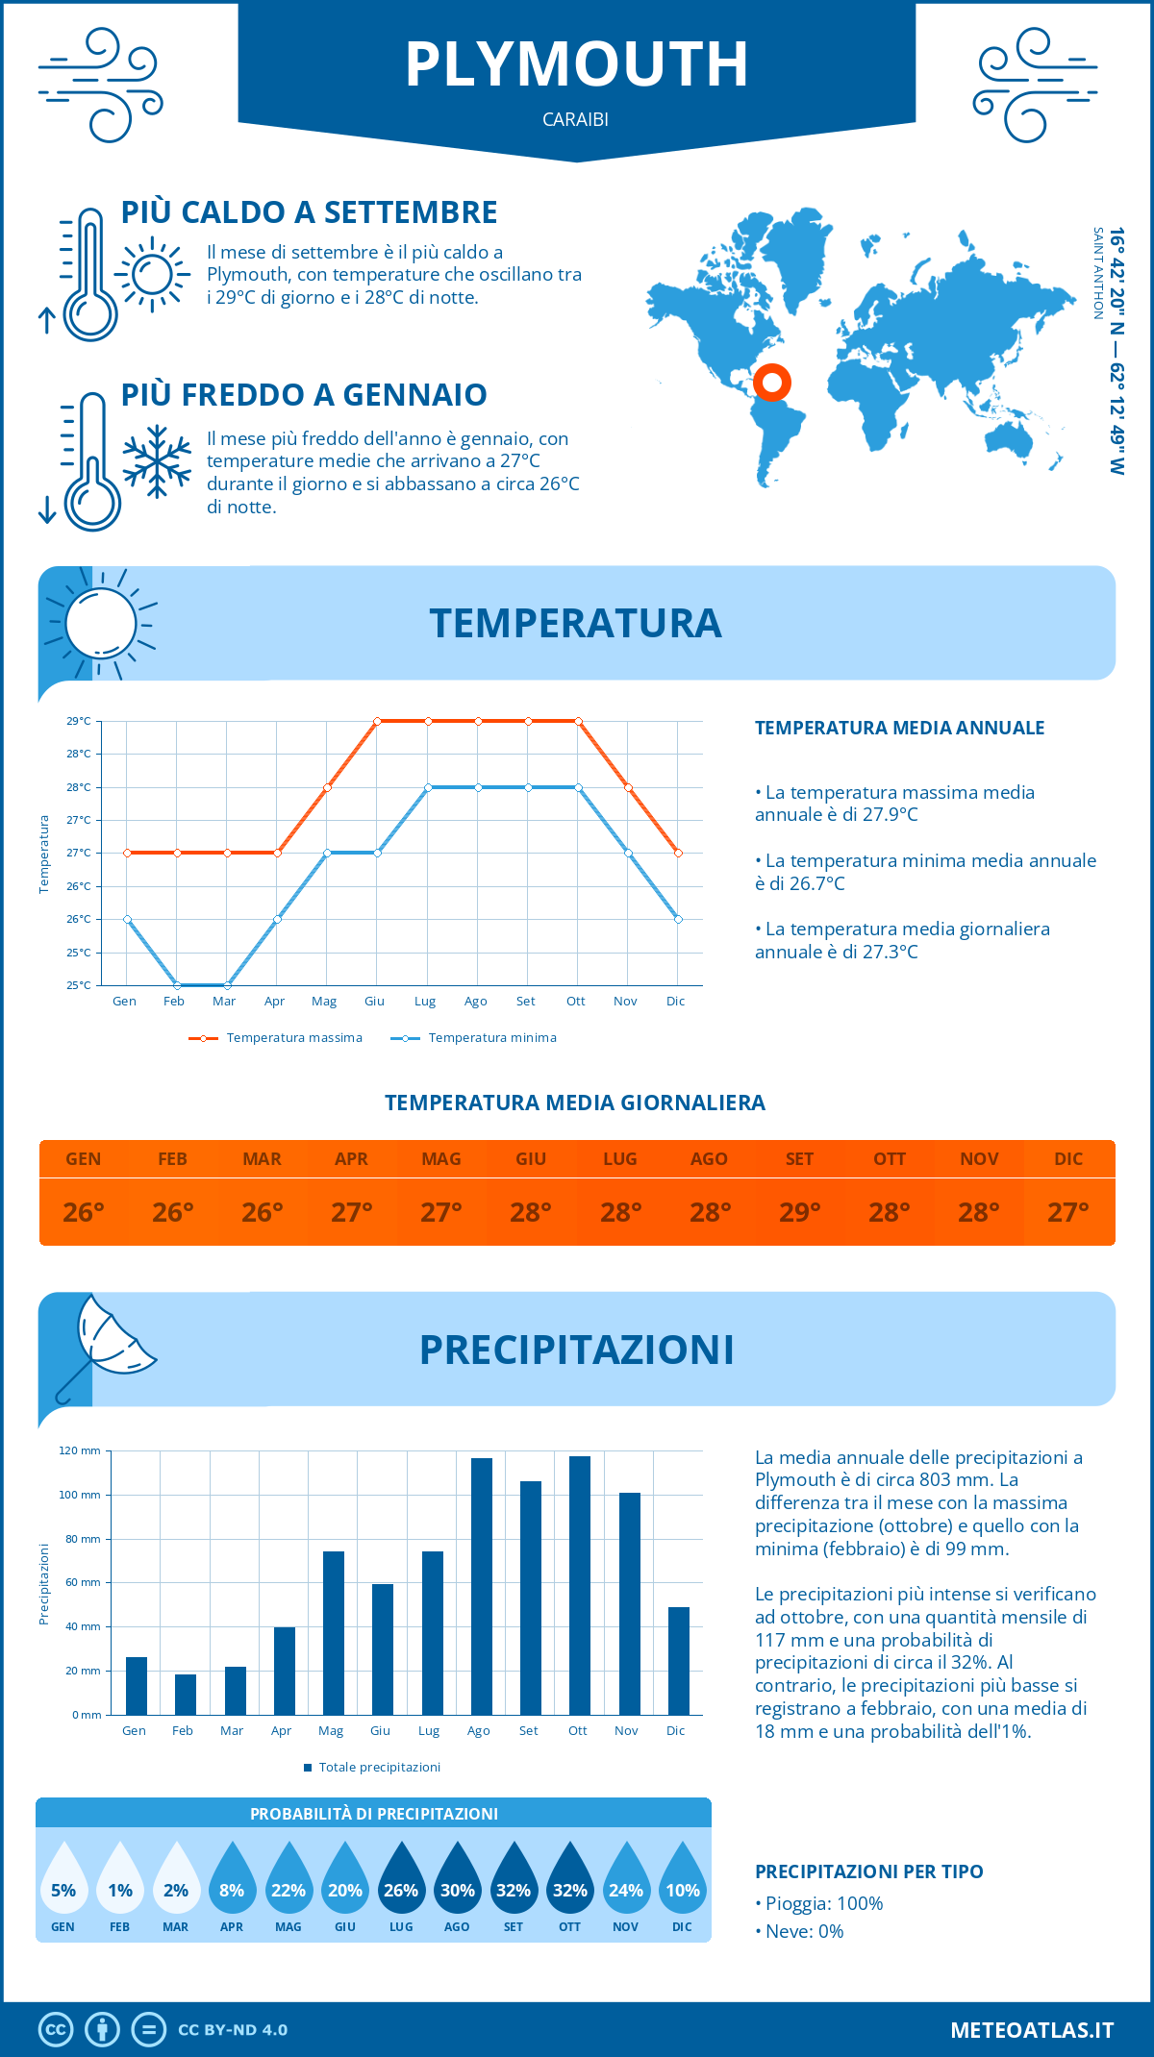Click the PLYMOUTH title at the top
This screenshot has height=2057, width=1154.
576,64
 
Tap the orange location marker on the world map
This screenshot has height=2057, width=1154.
771,382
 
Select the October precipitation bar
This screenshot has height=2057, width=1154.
579,1585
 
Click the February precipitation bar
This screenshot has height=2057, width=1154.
185,1694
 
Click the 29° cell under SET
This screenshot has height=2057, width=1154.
799,1212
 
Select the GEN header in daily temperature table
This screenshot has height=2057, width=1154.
84,1158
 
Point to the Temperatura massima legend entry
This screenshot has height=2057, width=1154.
276,1038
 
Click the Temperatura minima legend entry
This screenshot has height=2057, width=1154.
474,1038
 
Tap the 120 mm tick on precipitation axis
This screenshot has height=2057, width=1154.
80,1450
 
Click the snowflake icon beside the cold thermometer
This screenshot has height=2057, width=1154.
157,461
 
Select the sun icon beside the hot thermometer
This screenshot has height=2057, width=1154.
151,275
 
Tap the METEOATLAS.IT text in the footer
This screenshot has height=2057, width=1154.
1031,2030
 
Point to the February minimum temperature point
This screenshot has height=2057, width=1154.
177,985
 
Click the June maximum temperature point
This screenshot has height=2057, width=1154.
377,721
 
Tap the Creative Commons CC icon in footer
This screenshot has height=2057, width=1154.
56,2030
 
